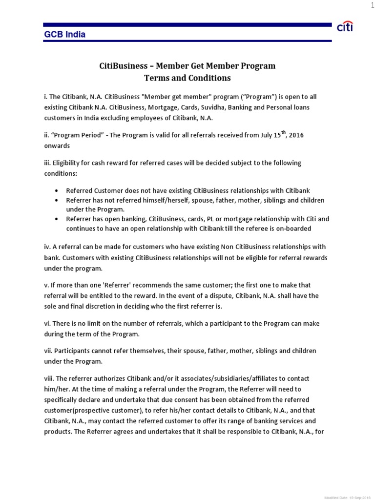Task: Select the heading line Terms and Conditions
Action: (x=187, y=78)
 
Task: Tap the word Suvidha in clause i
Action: (x=205, y=107)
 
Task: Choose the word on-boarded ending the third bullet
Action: (x=292, y=229)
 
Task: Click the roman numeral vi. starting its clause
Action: (x=48, y=324)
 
